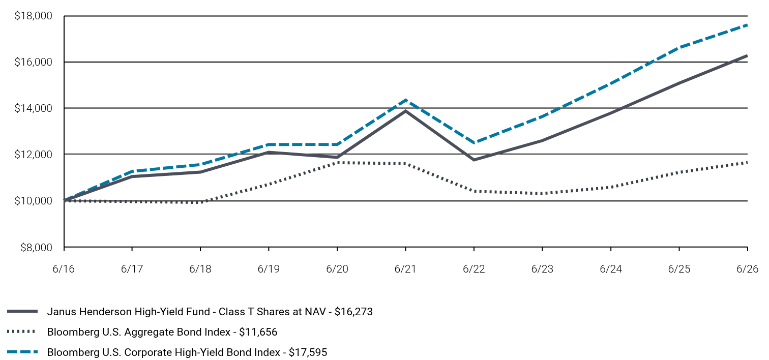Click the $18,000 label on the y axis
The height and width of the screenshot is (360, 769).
pos(33,16)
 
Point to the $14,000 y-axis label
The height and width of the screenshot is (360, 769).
pos(33,108)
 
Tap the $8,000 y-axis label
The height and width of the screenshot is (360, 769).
pos(36,248)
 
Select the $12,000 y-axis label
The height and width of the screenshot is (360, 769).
pos(33,155)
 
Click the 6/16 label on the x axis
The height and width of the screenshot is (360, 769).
pos(64,268)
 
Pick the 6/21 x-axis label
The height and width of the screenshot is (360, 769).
pos(405,268)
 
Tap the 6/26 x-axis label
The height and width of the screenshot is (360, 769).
pos(747,268)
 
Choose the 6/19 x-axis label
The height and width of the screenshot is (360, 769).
pos(269,268)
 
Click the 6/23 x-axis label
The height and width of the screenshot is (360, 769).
pos(542,268)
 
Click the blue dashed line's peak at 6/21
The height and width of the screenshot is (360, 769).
pos(406,100)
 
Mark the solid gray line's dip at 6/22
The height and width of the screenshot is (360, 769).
pos(474,160)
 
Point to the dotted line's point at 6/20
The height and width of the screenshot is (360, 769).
pos(338,162)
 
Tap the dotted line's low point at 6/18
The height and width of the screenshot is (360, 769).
pos(200,202)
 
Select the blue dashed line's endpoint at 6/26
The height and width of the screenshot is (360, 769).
pos(747,25)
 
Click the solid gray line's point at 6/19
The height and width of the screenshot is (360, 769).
pos(269,152)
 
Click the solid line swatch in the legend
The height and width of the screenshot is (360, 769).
pos(22,311)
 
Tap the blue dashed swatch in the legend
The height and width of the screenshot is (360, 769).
pos(22,352)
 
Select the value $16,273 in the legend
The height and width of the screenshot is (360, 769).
pos(353,312)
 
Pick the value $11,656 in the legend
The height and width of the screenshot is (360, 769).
pos(258,332)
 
